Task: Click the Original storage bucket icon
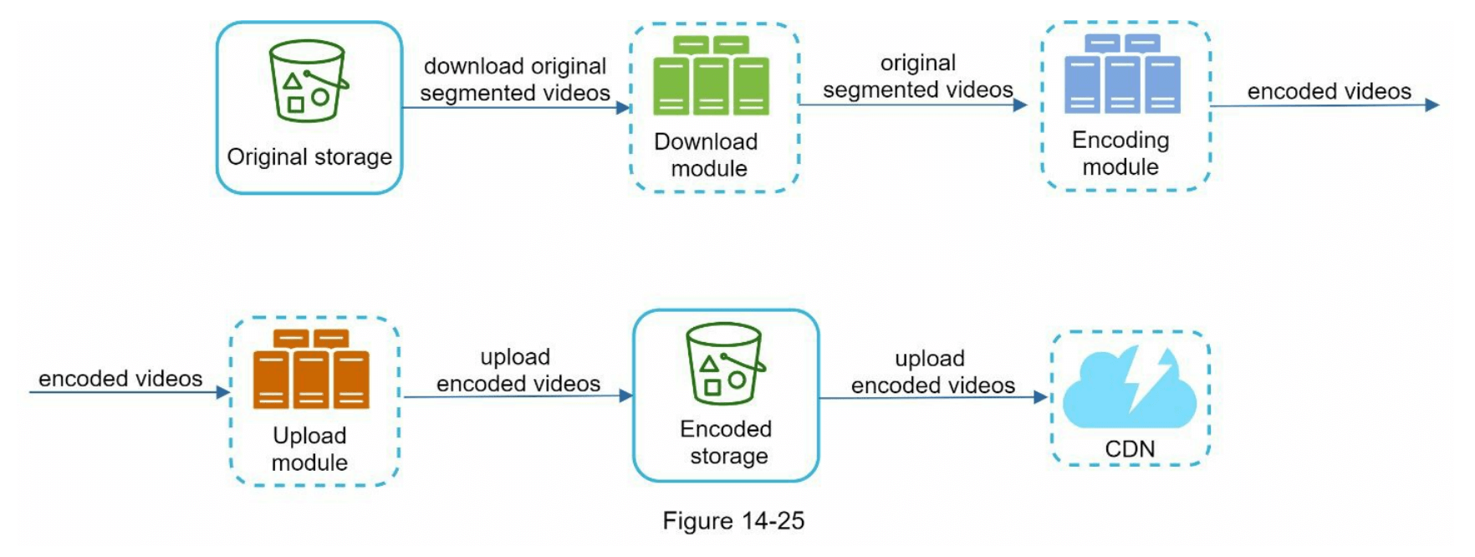coord(308,81)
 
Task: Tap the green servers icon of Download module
coord(711,75)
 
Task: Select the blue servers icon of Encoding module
coord(1122,74)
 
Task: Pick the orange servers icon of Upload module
coord(311,369)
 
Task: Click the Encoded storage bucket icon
coord(724,364)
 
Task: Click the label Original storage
coord(309,157)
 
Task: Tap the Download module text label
coord(707,155)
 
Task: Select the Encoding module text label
coord(1120,153)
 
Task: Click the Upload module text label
coord(309,449)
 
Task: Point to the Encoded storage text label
coord(726,442)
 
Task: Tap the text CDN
coord(1130,449)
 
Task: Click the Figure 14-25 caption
coord(733,521)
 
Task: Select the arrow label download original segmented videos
coord(515,79)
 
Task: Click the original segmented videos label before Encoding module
coord(918,76)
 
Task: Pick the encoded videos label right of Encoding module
coord(1329,91)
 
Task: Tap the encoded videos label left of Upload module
coord(120,379)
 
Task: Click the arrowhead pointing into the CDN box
coord(1041,397)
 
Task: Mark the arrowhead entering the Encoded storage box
coord(625,396)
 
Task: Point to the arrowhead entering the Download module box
coord(623,107)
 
